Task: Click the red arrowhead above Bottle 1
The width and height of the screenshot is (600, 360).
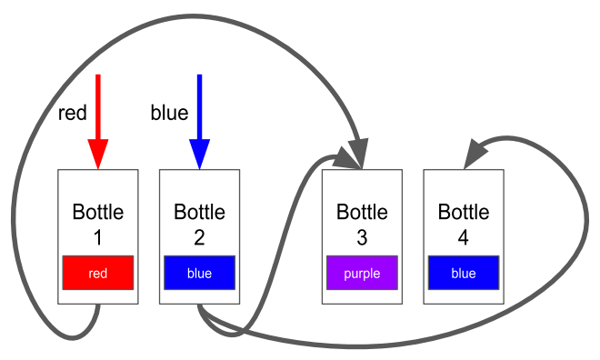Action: pos(98,154)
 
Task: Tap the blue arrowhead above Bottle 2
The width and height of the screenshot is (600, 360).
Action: pos(199,154)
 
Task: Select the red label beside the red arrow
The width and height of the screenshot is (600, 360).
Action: pos(73,113)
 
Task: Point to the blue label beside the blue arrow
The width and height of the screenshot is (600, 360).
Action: pos(169,113)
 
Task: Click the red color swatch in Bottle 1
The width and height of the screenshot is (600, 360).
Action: pos(98,273)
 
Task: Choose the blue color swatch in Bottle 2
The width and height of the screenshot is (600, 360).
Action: pos(199,273)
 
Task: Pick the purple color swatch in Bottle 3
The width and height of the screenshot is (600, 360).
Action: pos(362,273)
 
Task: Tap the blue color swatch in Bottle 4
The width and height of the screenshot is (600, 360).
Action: pos(464,273)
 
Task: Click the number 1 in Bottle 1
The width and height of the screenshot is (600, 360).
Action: pos(98,237)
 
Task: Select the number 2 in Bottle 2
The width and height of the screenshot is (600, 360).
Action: pos(199,237)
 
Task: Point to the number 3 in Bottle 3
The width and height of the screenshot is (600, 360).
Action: pos(362,237)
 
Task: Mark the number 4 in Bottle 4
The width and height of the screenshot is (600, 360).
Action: pos(464,237)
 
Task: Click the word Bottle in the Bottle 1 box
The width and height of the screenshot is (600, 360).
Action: pos(98,212)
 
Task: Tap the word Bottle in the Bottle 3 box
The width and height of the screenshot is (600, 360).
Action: pos(362,212)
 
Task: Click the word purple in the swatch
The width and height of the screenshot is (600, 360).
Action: pos(362,274)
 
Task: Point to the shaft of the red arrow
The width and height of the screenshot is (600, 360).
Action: pos(98,107)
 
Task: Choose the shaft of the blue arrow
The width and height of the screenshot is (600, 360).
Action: pos(199,107)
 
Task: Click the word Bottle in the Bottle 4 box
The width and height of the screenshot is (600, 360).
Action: pos(464,212)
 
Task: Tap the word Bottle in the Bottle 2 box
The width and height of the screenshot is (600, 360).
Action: pos(199,212)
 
